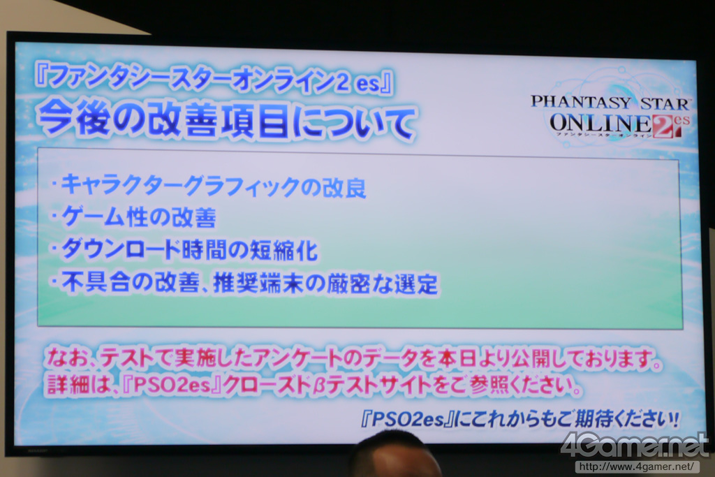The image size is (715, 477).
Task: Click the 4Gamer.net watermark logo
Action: coord(635,444)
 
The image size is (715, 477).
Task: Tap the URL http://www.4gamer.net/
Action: coord(637,467)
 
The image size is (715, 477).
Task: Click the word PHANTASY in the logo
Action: coord(581,101)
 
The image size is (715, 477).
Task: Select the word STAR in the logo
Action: coord(666,103)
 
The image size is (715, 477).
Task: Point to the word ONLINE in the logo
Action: coord(600,123)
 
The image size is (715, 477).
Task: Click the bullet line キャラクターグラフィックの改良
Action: coord(209,185)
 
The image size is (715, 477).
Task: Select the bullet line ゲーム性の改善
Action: coord(133,217)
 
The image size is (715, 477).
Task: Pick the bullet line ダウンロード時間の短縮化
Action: coord(184,249)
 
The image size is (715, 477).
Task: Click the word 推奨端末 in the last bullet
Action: coord(258,283)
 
